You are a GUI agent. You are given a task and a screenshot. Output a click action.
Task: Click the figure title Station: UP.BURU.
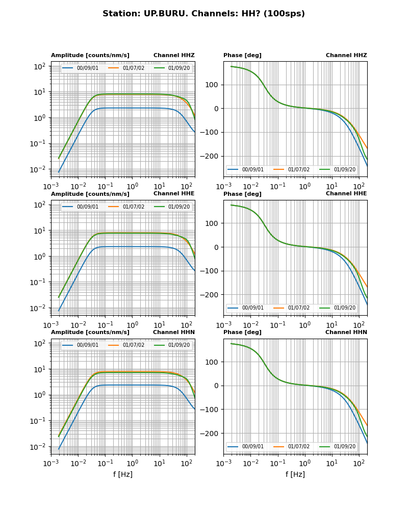tap(203, 14)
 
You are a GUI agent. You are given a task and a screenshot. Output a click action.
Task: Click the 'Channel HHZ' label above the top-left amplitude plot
tap(174, 56)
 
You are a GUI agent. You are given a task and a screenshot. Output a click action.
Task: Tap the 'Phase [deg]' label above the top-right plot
tap(242, 56)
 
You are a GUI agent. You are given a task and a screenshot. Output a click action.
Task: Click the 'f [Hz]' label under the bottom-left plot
tap(123, 474)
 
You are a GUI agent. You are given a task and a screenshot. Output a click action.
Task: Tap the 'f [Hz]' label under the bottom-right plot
tap(295, 474)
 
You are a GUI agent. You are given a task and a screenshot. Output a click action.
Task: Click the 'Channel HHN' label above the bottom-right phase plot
tap(346, 333)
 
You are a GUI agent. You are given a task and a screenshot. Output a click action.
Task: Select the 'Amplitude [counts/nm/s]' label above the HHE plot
tap(90, 194)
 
